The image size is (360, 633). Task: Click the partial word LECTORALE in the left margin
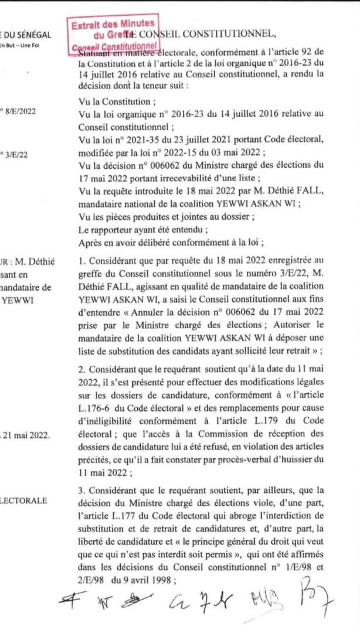(x=25, y=500)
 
